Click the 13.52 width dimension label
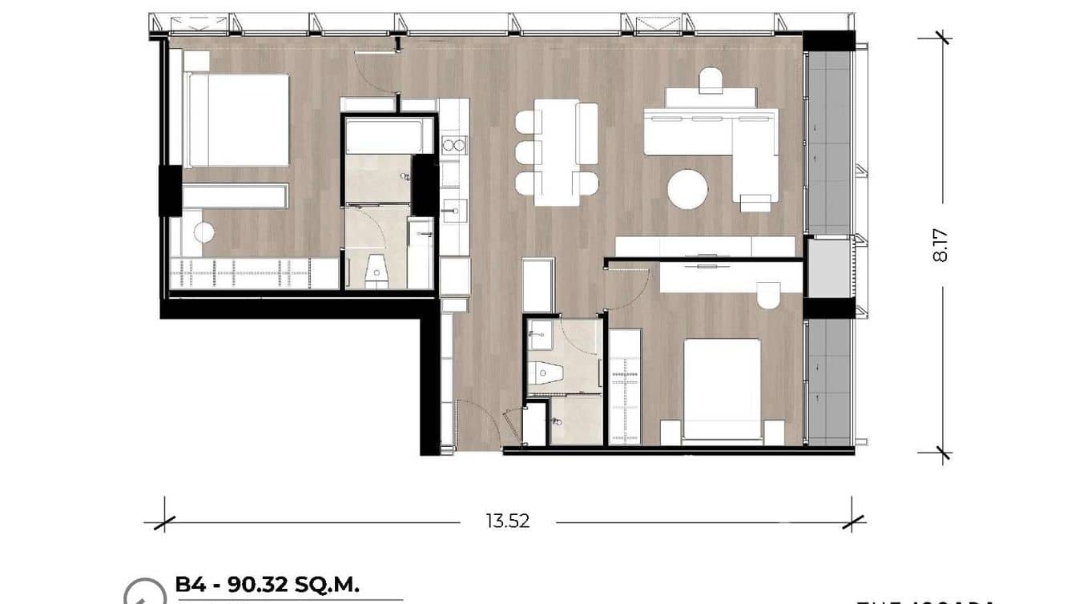pos(507,521)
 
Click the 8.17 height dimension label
pos(940,245)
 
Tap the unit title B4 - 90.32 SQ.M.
pos(272,584)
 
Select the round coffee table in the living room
pos(687,189)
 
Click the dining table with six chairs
pos(557,147)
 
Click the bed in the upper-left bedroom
pos(236,120)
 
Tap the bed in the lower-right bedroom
pos(721,389)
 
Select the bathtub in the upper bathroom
pos(385,136)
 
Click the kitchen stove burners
pos(453,145)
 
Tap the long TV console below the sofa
pos(705,246)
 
